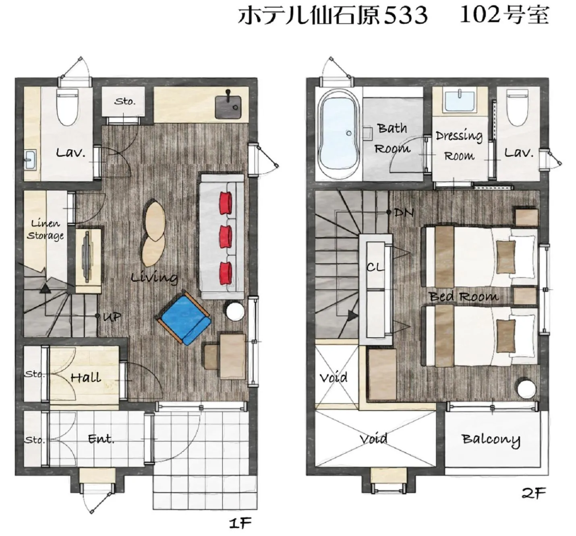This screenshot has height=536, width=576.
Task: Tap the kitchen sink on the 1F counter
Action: click(228, 105)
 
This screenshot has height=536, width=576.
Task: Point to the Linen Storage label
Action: click(45, 229)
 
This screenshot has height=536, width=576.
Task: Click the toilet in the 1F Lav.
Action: click(67, 106)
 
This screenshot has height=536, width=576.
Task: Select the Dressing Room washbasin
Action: click(459, 102)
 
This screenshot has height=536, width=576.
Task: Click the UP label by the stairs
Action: click(112, 317)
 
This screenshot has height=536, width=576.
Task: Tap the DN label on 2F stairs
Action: click(404, 212)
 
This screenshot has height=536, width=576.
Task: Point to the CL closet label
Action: click(375, 267)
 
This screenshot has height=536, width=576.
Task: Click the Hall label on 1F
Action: click(85, 377)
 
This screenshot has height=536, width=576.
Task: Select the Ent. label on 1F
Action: click(101, 439)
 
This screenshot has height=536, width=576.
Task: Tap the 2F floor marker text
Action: click(533, 493)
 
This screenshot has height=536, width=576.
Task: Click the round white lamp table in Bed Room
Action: click(527, 389)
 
